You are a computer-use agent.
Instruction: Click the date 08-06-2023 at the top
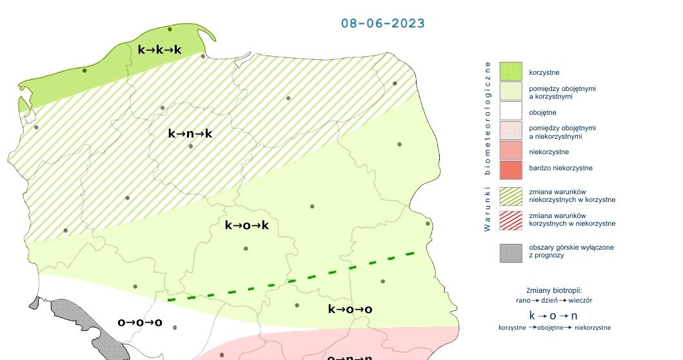382,23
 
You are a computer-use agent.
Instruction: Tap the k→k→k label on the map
160,50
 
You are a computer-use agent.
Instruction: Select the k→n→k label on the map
190,134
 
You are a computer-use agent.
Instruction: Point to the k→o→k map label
246,225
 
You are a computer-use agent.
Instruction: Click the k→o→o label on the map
350,309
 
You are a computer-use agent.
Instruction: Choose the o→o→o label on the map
139,322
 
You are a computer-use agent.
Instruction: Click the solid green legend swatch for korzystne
510,71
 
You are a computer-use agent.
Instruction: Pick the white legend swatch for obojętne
510,112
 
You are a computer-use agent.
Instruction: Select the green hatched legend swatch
510,195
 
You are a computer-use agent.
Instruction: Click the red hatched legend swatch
510,219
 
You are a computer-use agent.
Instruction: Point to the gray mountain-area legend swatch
510,252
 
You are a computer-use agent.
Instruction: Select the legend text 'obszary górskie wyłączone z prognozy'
571,251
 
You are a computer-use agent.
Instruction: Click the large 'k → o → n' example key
554,315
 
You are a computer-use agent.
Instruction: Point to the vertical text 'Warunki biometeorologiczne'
488,146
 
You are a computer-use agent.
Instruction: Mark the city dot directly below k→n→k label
191,146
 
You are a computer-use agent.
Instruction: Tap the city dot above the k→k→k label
170,29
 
